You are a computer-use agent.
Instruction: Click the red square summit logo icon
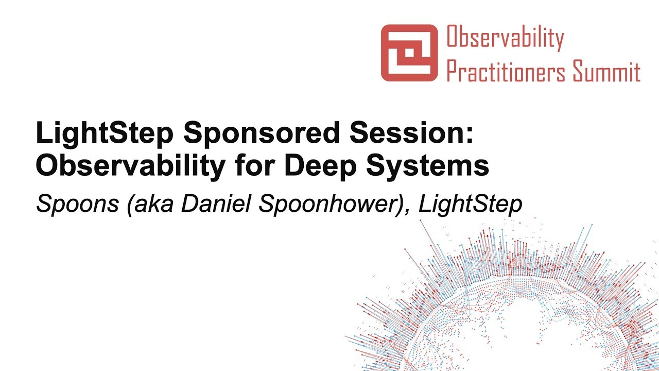tap(409, 53)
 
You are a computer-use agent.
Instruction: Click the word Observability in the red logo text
tap(505, 38)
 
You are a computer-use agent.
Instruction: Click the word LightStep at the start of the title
tap(103, 134)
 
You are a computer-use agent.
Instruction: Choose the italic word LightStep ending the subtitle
tap(471, 205)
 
